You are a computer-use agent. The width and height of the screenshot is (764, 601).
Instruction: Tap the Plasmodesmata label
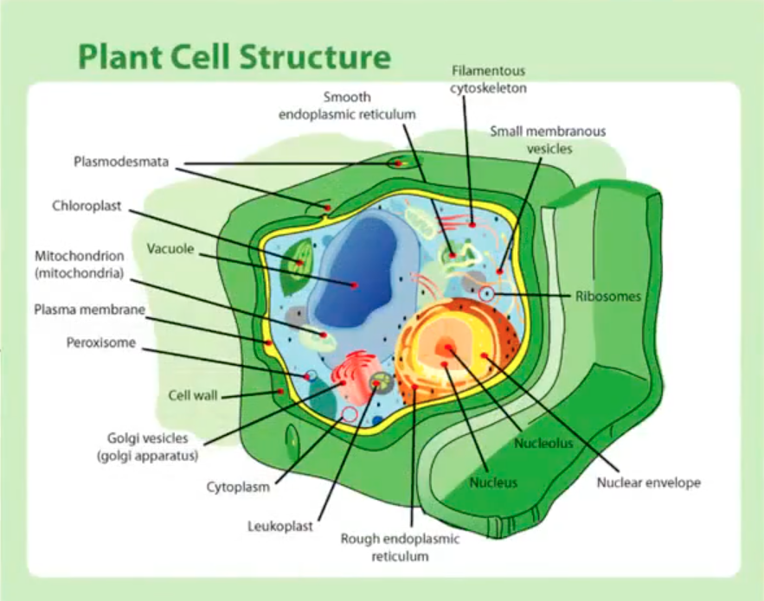tap(120, 162)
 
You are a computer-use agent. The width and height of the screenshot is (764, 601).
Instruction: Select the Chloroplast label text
tap(87, 206)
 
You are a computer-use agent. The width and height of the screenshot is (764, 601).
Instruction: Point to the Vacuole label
tap(169, 249)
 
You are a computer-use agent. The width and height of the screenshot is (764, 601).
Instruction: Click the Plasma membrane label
tap(89, 309)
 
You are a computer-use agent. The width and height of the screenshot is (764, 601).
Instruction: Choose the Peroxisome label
tap(101, 342)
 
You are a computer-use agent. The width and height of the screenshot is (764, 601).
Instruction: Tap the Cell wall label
tap(192, 395)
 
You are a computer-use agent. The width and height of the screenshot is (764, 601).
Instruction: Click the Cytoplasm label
tap(238, 487)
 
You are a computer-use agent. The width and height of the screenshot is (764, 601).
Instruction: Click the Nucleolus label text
tap(543, 444)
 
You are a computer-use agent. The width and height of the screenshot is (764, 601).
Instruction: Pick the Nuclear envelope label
tap(648, 483)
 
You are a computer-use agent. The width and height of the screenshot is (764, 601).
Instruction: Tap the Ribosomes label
tap(608, 296)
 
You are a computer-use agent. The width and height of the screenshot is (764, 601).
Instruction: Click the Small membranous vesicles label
tap(548, 139)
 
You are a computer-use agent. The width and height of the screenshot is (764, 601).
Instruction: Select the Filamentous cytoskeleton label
tap(488, 80)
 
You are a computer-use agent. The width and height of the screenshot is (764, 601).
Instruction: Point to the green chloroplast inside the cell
tap(297, 264)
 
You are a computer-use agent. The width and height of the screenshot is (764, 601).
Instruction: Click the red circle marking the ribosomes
tap(487, 295)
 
